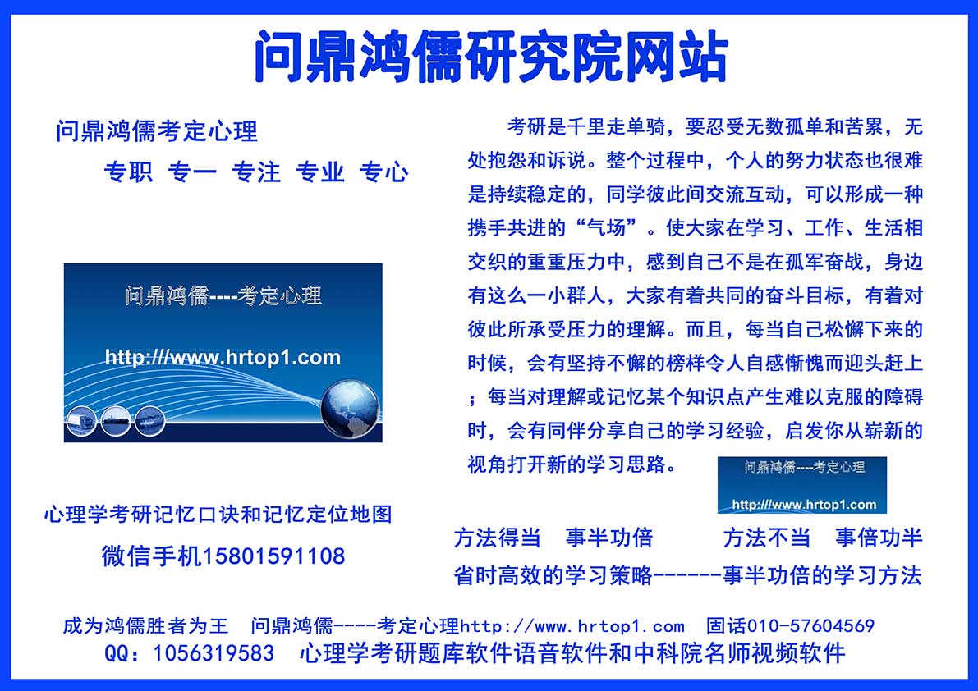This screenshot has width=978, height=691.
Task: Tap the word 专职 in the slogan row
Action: pyautogui.click(x=128, y=172)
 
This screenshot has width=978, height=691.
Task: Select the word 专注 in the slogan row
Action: pyautogui.click(x=256, y=172)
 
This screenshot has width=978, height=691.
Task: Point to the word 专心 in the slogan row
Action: pyautogui.click(x=384, y=172)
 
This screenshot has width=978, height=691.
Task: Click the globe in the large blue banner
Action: pyautogui.click(x=350, y=409)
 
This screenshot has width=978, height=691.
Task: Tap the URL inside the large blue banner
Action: pyautogui.click(x=223, y=358)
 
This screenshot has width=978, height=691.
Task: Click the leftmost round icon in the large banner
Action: pyautogui.click(x=81, y=420)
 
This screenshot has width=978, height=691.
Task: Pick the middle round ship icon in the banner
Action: pyautogui.click(x=116, y=420)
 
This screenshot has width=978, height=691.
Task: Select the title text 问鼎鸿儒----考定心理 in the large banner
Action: pyautogui.click(x=223, y=296)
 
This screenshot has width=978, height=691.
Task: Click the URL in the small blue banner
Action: pyautogui.click(x=804, y=504)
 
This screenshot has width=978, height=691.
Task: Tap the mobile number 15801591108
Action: pyautogui.click(x=273, y=556)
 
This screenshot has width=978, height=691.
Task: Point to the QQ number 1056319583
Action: pyautogui.click(x=214, y=653)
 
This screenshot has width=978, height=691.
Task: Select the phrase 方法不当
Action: pyautogui.click(x=767, y=538)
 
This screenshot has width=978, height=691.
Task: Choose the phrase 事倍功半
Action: pyautogui.click(x=879, y=538)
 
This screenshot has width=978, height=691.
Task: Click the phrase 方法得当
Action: pyautogui.click(x=497, y=538)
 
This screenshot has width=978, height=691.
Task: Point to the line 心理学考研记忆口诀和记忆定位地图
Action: pyautogui.click(x=218, y=514)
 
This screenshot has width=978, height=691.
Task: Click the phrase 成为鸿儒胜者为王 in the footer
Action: pyautogui.click(x=146, y=625)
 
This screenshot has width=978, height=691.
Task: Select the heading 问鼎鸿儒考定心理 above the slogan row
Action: pyautogui.click(x=157, y=131)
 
